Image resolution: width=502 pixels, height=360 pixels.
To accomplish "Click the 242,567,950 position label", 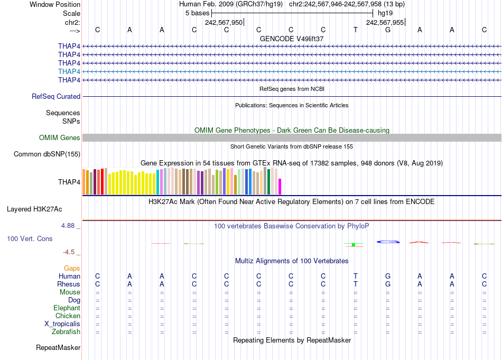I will click(224, 22).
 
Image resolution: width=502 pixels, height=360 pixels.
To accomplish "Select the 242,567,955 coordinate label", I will click(385, 22).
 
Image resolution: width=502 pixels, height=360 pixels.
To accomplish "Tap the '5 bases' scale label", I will click(197, 13).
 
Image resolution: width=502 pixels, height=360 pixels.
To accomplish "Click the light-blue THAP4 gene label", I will click(69, 71).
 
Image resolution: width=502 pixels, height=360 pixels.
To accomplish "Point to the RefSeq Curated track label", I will click(56, 97).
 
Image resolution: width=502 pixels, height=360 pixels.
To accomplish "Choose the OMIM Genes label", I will click(60, 138).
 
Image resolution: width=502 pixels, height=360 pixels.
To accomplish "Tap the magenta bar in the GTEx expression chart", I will click(280, 187).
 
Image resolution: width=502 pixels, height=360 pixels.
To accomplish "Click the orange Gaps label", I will click(72, 269).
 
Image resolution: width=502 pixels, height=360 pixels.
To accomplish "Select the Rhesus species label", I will click(69, 284).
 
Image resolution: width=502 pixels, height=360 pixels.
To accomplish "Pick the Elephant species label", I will click(67, 308).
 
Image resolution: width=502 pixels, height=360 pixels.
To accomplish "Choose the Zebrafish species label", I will click(66, 332).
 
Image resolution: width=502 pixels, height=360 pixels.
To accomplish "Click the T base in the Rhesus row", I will click(356, 284).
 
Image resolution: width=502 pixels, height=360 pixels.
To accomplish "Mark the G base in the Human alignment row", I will click(388, 276).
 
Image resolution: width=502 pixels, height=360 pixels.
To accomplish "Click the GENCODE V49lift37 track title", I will click(292, 39).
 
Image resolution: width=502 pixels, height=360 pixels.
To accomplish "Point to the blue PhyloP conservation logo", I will click(388, 242).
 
